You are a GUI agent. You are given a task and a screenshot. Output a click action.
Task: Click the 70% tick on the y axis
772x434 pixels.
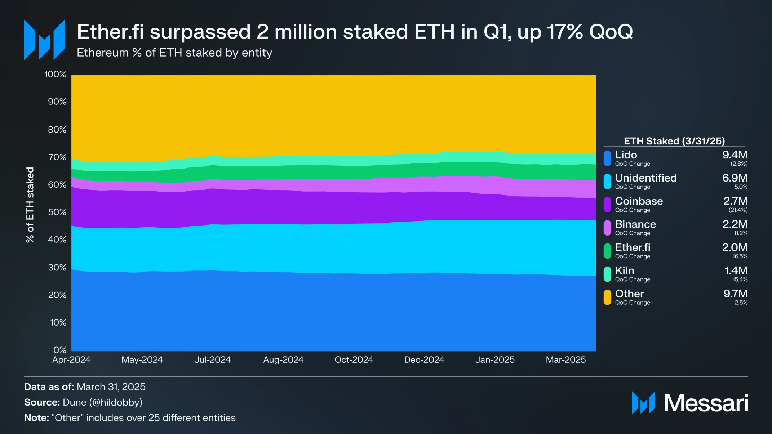point(57,157)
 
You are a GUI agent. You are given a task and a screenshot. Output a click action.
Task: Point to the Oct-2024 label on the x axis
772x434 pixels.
point(354,359)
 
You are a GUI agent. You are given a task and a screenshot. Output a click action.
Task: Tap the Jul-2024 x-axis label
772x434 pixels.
point(212,359)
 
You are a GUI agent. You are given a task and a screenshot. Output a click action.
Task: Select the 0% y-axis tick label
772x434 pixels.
point(60,350)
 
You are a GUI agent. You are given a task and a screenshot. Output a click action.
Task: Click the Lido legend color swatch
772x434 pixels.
point(607,158)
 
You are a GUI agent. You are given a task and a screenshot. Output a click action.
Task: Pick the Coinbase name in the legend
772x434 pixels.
point(639,201)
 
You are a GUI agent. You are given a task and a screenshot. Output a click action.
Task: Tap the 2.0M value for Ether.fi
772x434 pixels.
point(735,247)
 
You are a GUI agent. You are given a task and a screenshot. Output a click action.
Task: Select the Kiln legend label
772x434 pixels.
point(624,270)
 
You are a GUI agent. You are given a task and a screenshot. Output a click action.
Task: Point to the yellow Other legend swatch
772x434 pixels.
point(607,297)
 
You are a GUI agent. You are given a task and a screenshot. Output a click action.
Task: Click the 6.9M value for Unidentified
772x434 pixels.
point(735,178)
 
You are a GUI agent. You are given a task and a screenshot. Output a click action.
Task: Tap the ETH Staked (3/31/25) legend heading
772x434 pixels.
point(674,141)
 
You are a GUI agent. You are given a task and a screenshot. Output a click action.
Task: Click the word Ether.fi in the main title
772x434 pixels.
point(110,32)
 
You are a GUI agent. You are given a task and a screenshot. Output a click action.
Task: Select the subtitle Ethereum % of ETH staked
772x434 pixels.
point(174,53)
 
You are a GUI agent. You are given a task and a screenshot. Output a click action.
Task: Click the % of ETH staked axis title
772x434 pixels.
point(30,205)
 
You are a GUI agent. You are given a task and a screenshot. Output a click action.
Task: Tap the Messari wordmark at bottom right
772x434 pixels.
point(706,403)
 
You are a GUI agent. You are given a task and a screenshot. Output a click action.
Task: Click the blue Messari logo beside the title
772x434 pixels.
point(44,40)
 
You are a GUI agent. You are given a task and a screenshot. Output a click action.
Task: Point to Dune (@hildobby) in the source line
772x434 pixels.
point(102,402)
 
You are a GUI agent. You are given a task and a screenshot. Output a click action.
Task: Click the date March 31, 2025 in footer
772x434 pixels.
point(111,387)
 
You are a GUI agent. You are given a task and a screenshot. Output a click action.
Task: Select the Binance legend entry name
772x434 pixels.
point(635,224)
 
